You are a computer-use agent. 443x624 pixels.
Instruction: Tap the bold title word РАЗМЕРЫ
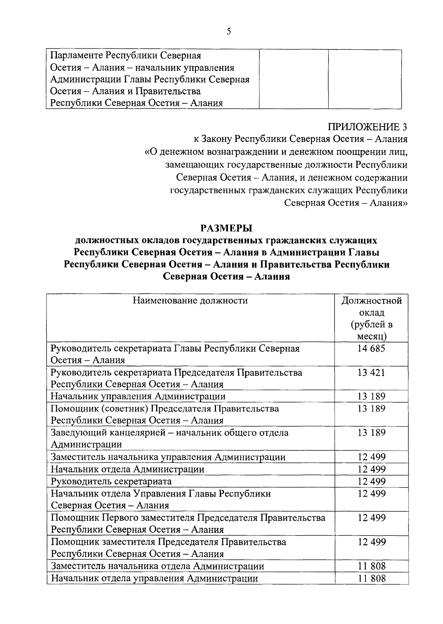pos(226,228)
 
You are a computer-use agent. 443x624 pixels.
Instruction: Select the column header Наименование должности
pos(190,300)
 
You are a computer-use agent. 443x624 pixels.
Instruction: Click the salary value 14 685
pos(371,348)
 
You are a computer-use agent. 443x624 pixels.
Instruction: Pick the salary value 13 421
pos(371,372)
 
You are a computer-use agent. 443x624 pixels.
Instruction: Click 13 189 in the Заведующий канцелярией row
pos(371,432)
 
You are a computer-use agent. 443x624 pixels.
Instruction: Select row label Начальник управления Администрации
pos(138,396)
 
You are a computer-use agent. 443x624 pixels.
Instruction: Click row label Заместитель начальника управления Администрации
pos(168,457)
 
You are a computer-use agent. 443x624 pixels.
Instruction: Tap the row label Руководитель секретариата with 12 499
pos(111,482)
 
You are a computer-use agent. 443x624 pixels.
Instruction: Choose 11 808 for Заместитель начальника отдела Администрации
pos(371,566)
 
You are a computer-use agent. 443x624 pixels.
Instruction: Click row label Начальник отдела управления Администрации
pos(154,578)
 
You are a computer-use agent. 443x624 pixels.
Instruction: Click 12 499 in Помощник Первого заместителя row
pos(371,518)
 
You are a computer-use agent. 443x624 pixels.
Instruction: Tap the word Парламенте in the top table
pos(76,56)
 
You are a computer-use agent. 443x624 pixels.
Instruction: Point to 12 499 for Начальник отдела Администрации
pos(371,469)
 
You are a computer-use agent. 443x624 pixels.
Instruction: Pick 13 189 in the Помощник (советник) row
pos(371,408)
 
